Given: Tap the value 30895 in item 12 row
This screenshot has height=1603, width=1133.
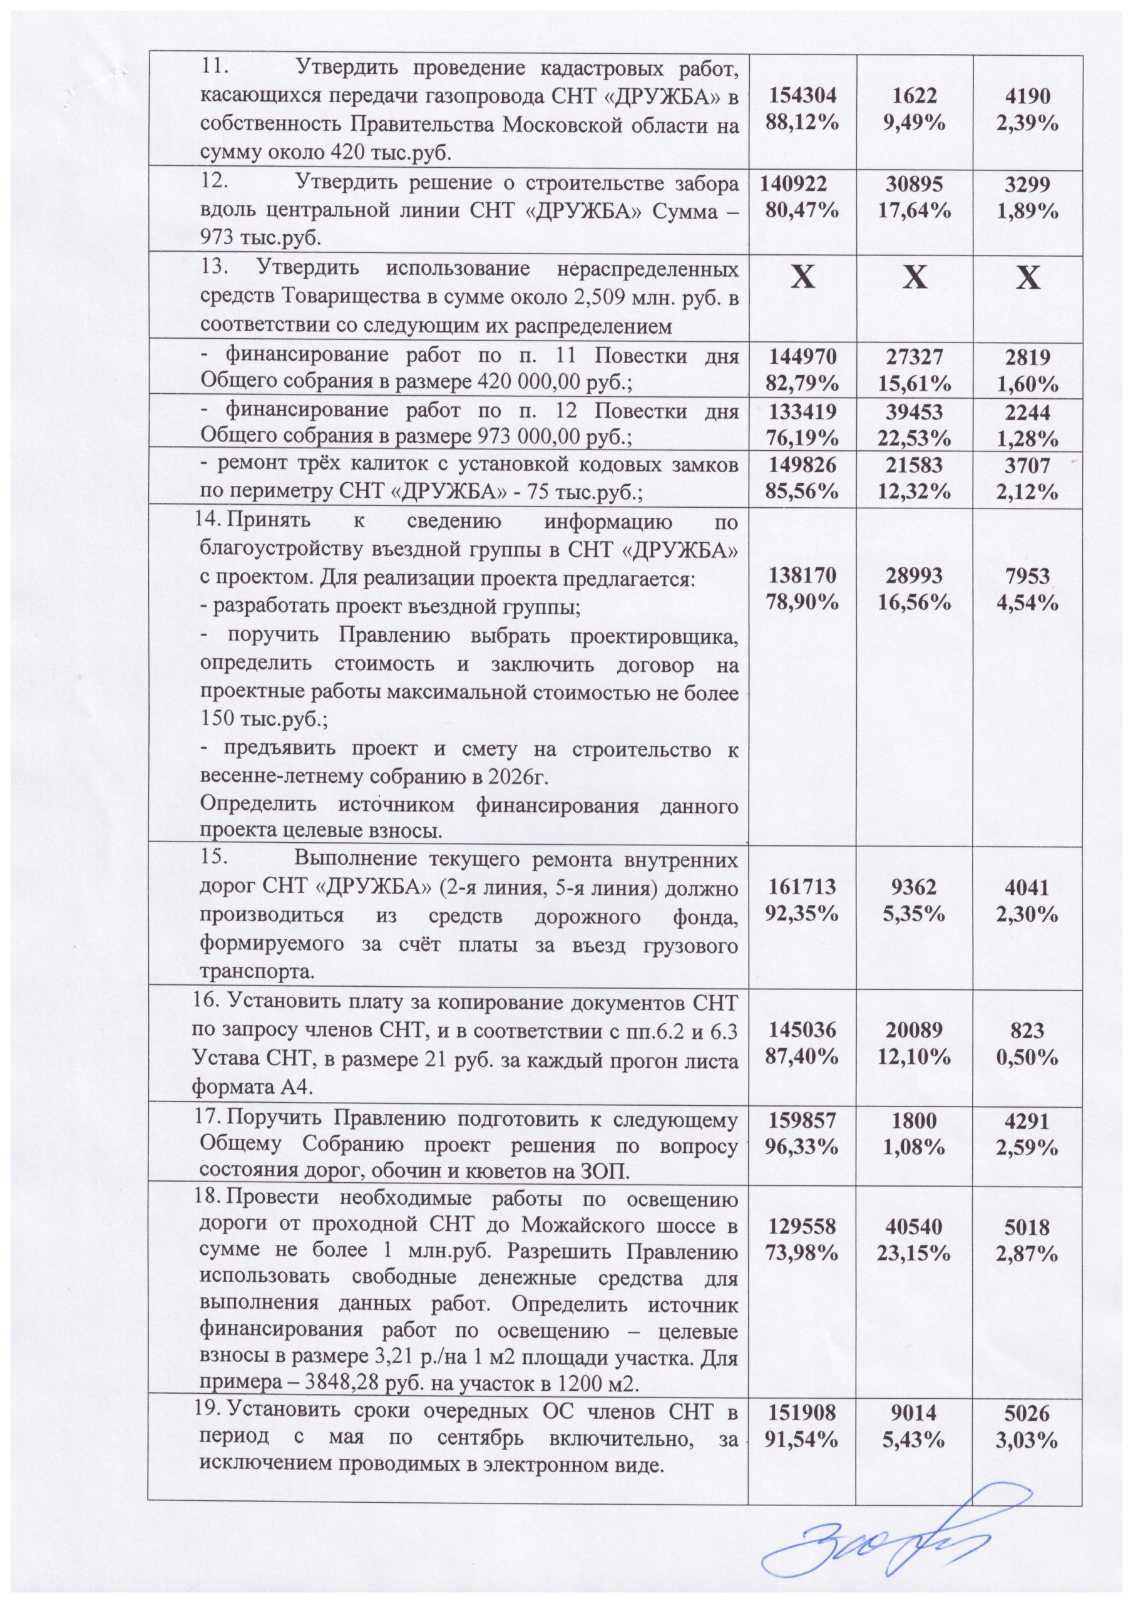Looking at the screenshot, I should pyautogui.click(x=915, y=184).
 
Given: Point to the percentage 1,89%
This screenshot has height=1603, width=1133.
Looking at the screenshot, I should pyautogui.click(x=1027, y=210).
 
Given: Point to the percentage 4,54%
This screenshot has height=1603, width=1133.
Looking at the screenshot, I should pyautogui.click(x=1027, y=602).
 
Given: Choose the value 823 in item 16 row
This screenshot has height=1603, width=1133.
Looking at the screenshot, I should pyautogui.click(x=1027, y=1030).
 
